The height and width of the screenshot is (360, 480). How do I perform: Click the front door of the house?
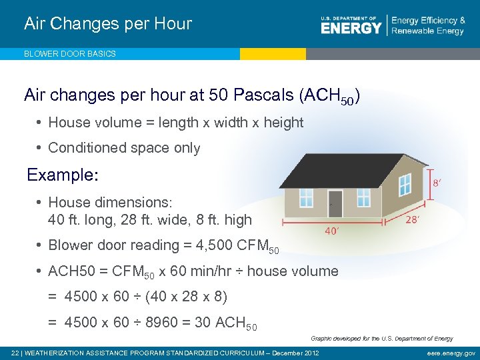pos(335,203)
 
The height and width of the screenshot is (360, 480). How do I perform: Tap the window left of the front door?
pos(306,197)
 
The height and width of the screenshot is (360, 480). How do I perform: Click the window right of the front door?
pos(363,197)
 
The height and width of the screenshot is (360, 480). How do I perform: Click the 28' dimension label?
pos(413,219)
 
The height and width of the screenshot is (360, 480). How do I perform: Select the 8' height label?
pos(437,182)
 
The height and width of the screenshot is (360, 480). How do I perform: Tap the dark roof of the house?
pos(347,170)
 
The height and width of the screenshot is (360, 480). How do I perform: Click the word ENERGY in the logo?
pos(351,28)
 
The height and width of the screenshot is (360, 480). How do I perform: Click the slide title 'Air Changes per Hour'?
pos(108,24)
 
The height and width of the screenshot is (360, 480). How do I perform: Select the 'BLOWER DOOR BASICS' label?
pos(70,54)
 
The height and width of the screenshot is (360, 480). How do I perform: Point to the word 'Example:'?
pos(63,175)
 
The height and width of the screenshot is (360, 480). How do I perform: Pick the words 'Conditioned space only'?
pos(124,148)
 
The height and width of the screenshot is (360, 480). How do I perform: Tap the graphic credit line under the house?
pos(381,339)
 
